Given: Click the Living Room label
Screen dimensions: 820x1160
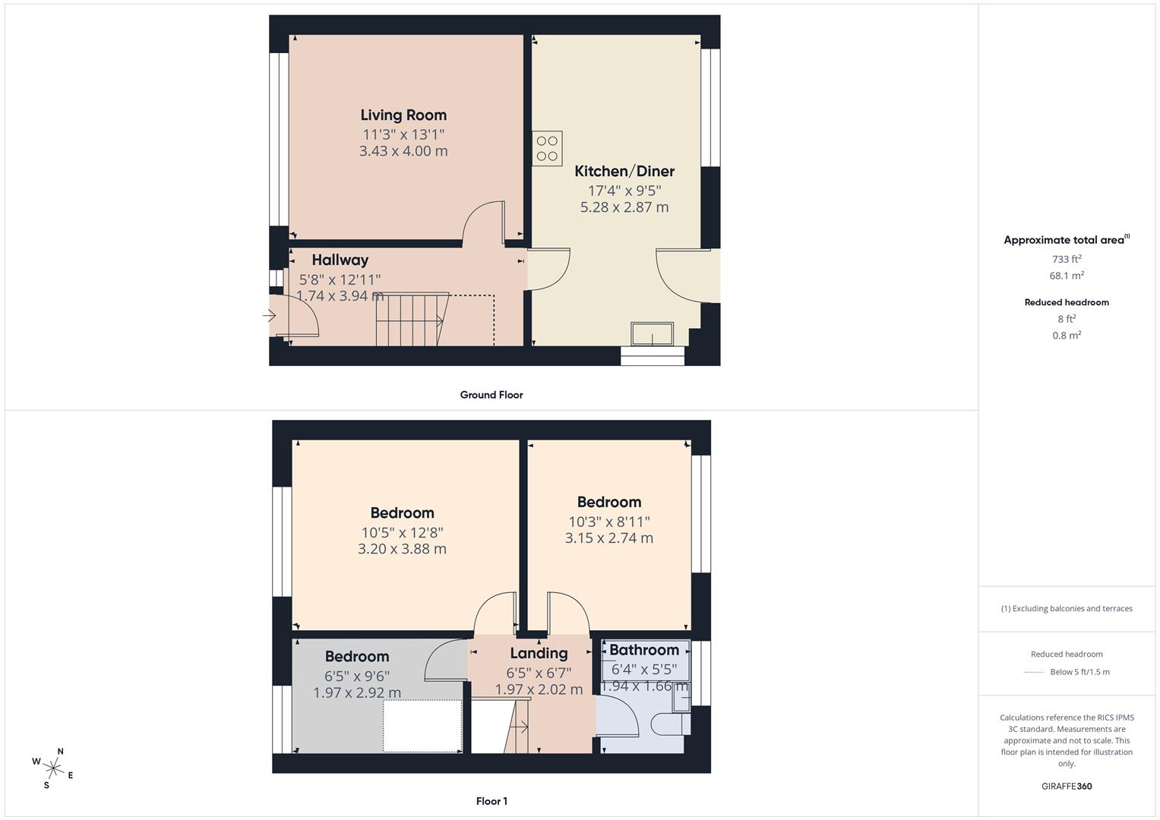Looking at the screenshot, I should pyautogui.click(x=403, y=115).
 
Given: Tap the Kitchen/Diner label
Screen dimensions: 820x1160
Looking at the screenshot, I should pyautogui.click(x=624, y=172).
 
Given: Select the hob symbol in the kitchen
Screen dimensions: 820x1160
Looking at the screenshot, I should pyautogui.click(x=547, y=148).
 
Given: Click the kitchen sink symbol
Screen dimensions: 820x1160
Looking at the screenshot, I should pyautogui.click(x=652, y=334).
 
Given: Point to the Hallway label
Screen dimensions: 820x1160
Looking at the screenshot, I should pyautogui.click(x=340, y=260).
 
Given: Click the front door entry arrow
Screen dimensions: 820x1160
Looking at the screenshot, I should pyautogui.click(x=270, y=316).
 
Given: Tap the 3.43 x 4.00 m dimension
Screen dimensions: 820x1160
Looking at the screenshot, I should pyautogui.click(x=403, y=151).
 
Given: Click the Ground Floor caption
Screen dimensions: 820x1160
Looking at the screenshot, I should pyautogui.click(x=491, y=395).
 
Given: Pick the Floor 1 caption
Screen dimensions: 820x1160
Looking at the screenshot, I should pyautogui.click(x=491, y=801).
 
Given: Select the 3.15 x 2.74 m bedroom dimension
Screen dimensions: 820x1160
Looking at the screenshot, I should pyautogui.click(x=608, y=538).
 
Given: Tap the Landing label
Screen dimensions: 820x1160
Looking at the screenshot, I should pyautogui.click(x=539, y=654).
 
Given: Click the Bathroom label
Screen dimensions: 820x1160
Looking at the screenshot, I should pyautogui.click(x=644, y=650).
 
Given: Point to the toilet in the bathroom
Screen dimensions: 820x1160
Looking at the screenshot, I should pyautogui.click(x=669, y=724).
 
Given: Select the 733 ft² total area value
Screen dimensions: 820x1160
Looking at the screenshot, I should pyautogui.click(x=1067, y=259).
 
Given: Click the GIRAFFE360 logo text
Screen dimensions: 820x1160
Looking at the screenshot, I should pyautogui.click(x=1067, y=786).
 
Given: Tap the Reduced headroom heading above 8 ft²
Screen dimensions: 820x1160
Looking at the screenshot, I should pyautogui.click(x=1067, y=302).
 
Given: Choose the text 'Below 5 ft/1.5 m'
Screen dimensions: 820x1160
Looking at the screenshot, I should pyautogui.click(x=1079, y=672).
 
